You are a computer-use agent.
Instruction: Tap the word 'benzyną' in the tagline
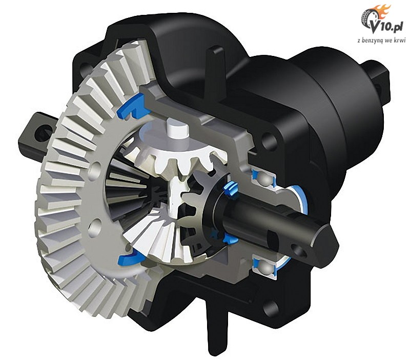(x=376, y=41)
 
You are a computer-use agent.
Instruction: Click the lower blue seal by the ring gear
(x=129, y=258)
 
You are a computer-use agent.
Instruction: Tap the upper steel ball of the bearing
(x=264, y=179)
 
